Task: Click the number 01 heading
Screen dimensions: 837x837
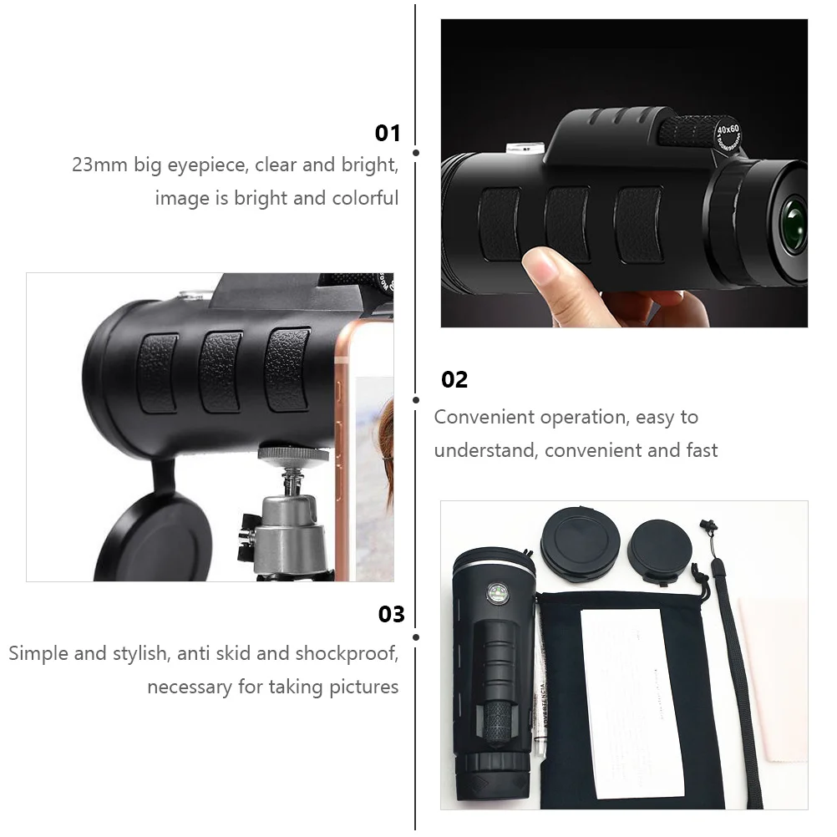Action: point(388,134)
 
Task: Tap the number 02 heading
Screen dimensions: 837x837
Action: point(454,380)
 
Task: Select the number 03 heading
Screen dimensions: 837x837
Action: point(391,615)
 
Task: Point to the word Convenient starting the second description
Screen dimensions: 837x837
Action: point(484,417)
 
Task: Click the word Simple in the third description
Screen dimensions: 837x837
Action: point(38,653)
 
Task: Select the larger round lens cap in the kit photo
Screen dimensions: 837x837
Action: point(576,543)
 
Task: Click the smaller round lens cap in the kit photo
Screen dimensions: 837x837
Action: point(660,551)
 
